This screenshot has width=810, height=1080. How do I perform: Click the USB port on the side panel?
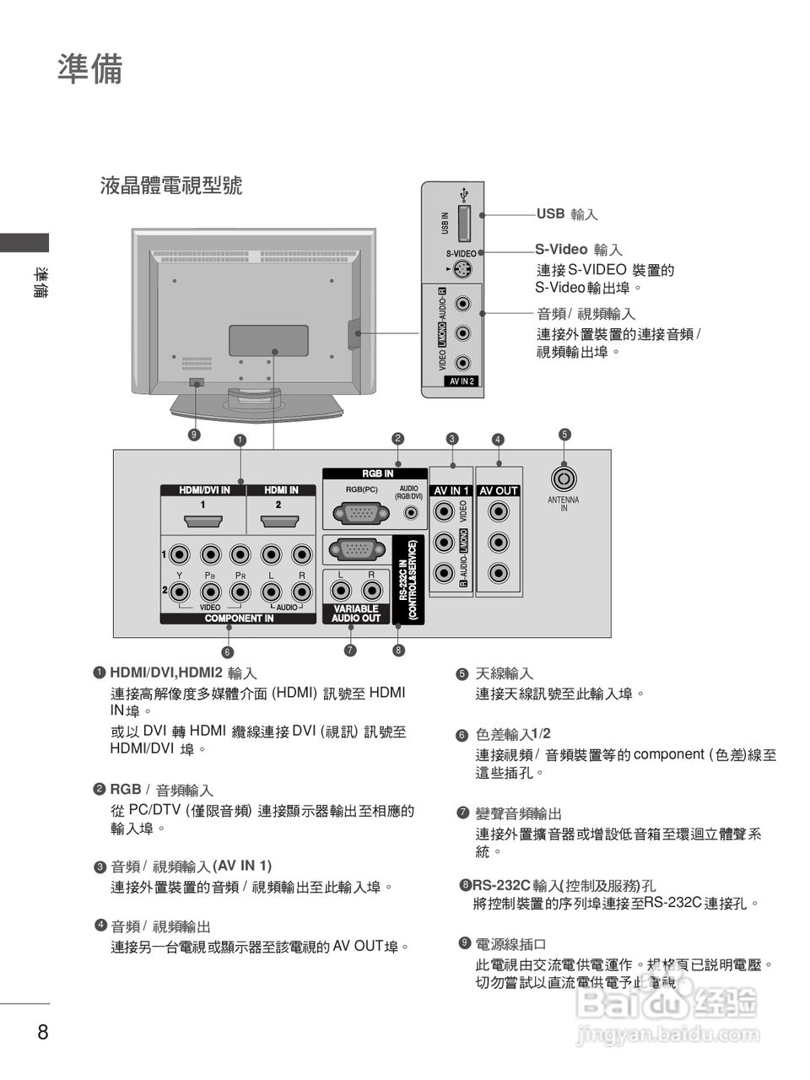(x=464, y=223)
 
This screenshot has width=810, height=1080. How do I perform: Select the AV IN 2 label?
(x=462, y=381)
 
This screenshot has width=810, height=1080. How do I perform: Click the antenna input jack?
(x=564, y=478)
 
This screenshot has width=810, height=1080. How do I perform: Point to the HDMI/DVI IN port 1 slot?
(x=202, y=523)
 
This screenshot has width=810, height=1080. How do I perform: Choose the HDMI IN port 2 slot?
(x=278, y=523)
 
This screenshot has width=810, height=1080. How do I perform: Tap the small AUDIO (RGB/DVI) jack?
(x=411, y=512)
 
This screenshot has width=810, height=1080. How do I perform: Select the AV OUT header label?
(x=499, y=490)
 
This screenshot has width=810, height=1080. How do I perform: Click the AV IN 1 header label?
(x=451, y=490)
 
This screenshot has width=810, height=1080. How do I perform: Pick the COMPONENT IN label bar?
(x=239, y=618)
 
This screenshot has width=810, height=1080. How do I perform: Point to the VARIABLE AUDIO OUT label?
(x=355, y=613)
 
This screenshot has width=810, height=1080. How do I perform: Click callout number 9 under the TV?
(x=194, y=435)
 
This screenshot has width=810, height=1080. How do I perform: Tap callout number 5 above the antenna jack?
(x=564, y=435)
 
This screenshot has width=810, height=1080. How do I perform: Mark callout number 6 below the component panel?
(x=227, y=651)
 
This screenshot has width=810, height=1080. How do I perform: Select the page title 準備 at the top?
(x=90, y=69)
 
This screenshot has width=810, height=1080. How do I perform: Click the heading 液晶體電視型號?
(x=171, y=185)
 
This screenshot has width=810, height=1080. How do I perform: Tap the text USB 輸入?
(x=567, y=214)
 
